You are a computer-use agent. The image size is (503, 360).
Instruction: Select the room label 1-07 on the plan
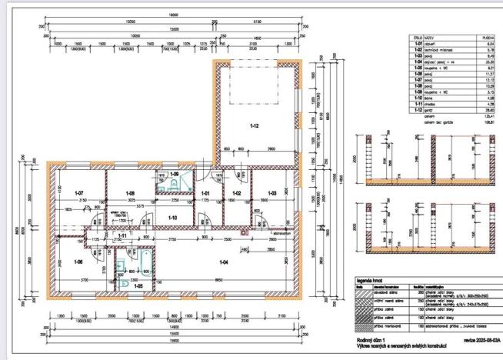pyautogui.click(x=78, y=192)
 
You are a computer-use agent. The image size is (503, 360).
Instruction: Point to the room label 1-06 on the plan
pyautogui.click(x=77, y=262)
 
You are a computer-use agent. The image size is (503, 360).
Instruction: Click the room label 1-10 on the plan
pyautogui.click(x=173, y=218)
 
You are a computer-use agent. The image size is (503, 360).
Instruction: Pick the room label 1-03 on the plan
pyautogui.click(x=271, y=192)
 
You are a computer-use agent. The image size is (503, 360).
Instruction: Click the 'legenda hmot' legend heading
pyautogui.click(x=371, y=282)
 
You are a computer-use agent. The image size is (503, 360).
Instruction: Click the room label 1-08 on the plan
pyautogui.click(x=131, y=192)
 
